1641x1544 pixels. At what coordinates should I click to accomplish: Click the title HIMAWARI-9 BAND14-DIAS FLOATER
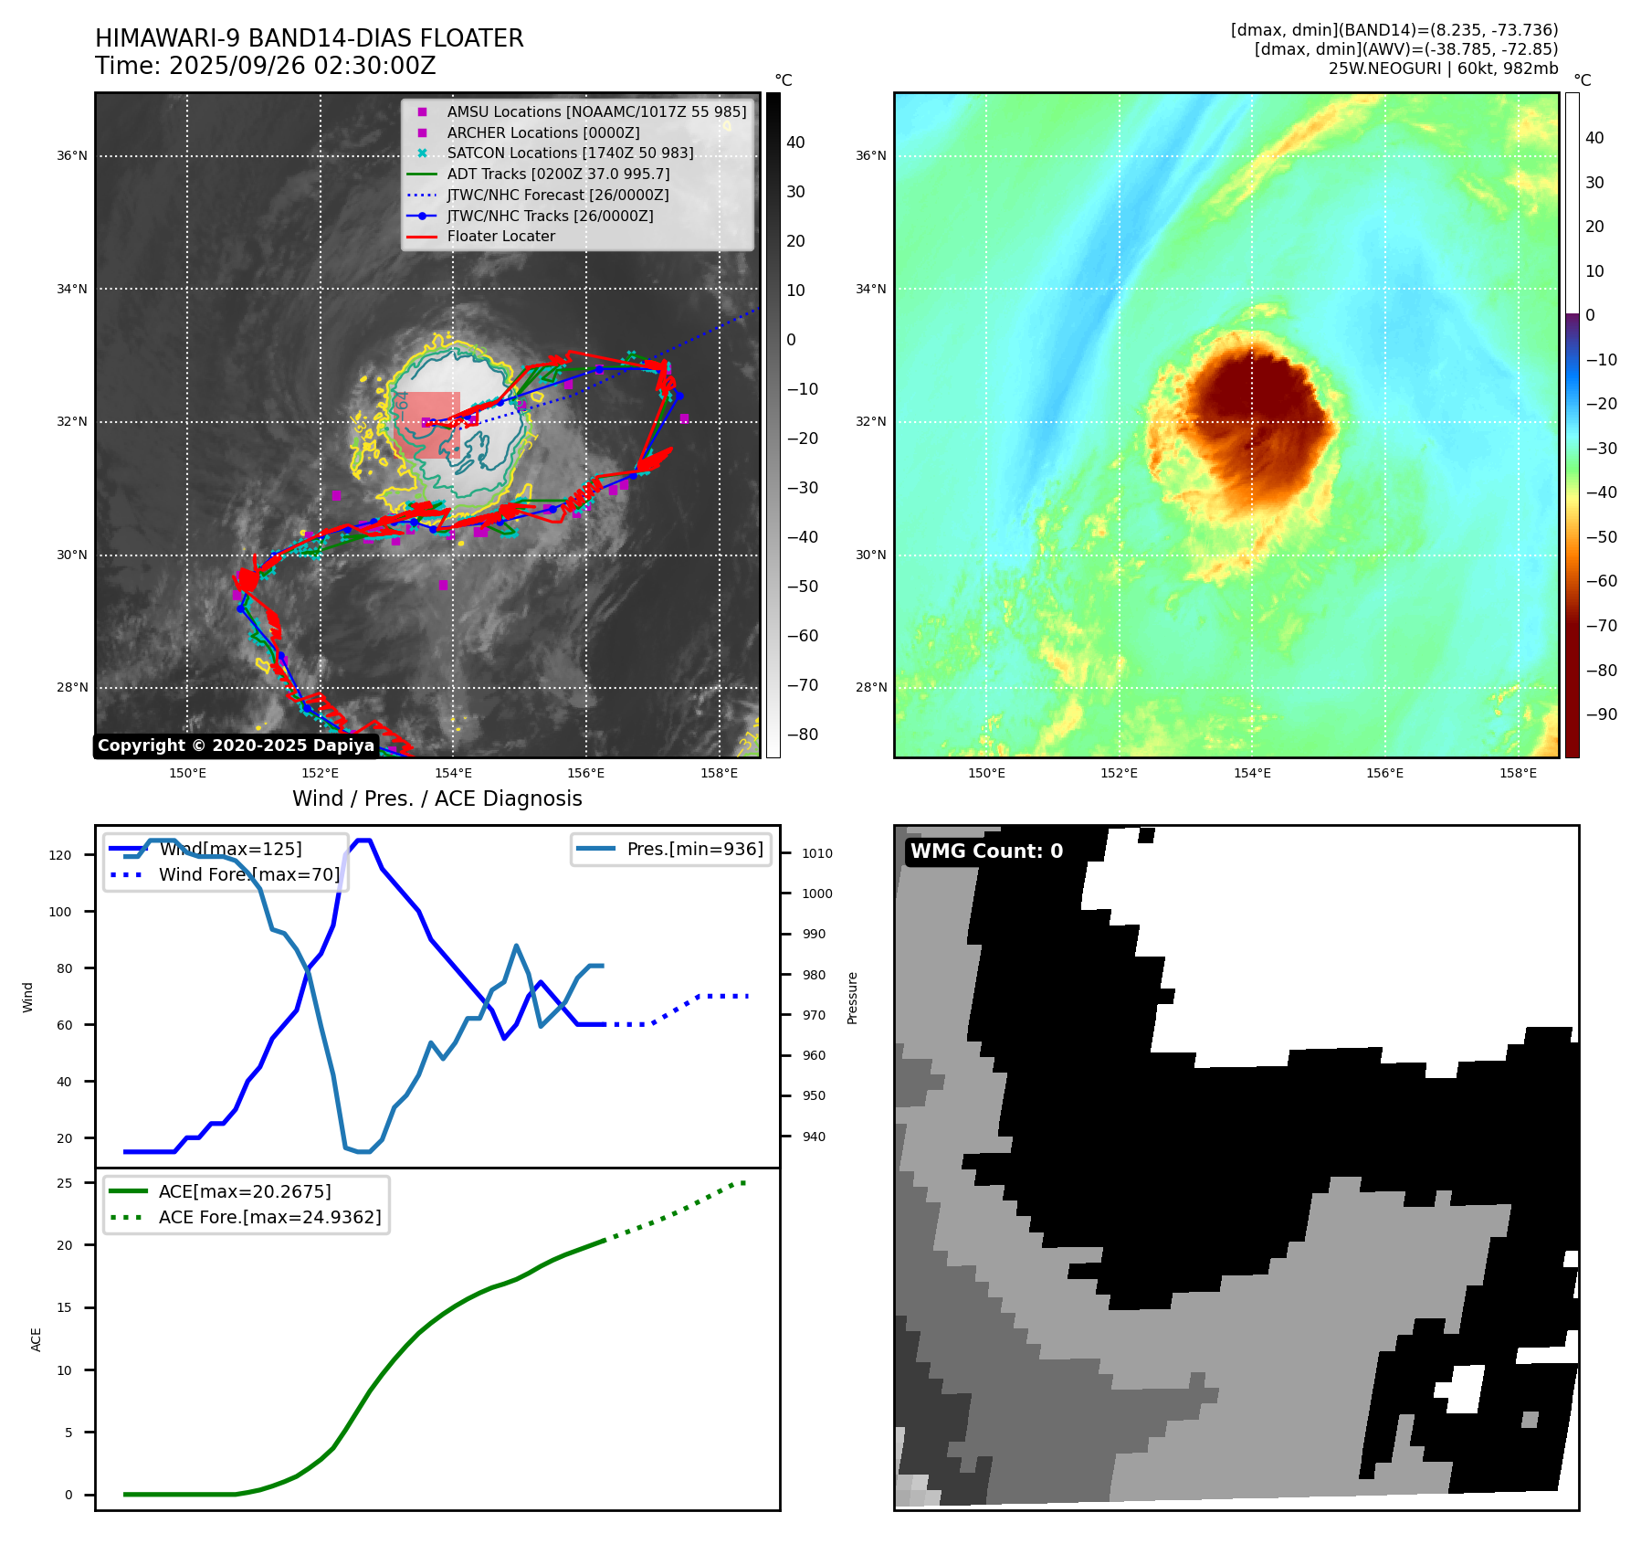(309, 38)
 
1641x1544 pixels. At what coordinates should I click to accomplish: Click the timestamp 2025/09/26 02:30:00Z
(302, 67)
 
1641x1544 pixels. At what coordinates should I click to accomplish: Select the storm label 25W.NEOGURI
(1384, 69)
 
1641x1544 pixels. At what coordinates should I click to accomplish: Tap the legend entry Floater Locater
(500, 237)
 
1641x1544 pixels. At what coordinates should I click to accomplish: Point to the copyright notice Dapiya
(236, 746)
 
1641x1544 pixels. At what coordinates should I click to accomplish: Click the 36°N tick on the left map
(72, 156)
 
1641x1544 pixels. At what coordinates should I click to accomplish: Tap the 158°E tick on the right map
(1517, 774)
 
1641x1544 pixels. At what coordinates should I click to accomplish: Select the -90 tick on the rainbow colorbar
(1601, 714)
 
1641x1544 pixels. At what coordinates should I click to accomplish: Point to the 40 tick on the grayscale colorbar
(795, 143)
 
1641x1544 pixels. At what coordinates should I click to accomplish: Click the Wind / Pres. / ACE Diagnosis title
(437, 799)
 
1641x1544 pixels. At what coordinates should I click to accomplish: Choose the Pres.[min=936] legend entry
(694, 850)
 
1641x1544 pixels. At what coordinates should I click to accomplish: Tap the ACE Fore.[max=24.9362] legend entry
(269, 1218)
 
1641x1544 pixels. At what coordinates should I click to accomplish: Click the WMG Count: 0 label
(986, 851)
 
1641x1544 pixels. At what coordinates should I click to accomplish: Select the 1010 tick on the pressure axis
(817, 854)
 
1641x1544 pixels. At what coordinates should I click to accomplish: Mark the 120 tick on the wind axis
(60, 856)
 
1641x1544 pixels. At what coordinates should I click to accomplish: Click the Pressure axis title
(852, 998)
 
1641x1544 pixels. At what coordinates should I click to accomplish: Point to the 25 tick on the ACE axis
(65, 1183)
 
